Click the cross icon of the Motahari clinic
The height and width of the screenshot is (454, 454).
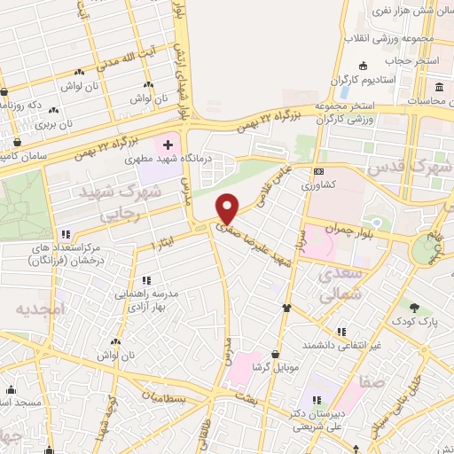coord(168,143)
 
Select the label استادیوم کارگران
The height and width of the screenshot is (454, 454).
coord(363,81)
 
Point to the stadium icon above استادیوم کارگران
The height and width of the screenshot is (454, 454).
coord(363,67)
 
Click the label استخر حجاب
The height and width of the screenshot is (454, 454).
coord(406,62)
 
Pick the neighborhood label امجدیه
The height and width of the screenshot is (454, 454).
coord(40,309)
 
